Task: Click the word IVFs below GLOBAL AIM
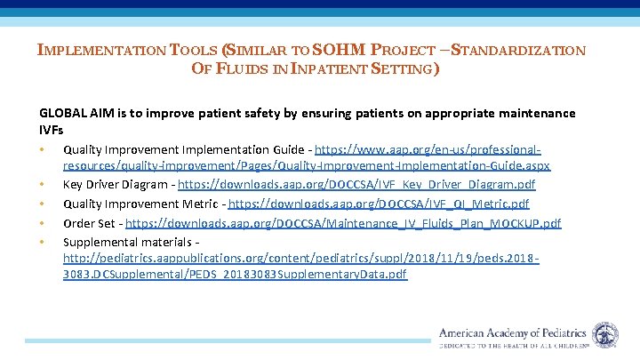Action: [52, 129]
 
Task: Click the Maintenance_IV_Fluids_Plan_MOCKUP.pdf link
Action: [410, 223]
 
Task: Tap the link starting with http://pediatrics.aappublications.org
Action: [302, 258]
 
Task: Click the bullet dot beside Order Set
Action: [42, 223]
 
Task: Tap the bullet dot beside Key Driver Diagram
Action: [42, 184]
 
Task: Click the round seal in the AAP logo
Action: [606, 334]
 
